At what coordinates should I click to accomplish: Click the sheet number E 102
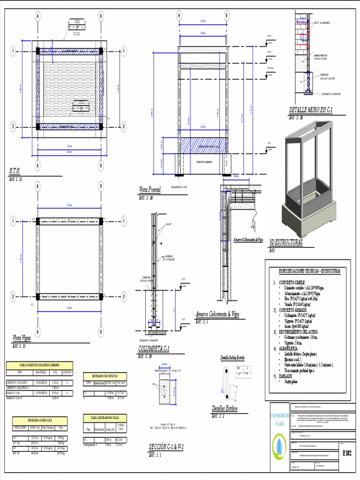click(x=347, y=453)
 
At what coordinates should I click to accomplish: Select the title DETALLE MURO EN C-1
click(x=310, y=110)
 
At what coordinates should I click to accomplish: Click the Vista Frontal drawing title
click(x=150, y=190)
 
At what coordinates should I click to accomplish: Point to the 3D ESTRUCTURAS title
click(x=286, y=242)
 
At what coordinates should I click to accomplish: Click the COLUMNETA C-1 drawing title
click(x=154, y=348)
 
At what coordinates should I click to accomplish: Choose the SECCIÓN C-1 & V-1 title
click(x=165, y=447)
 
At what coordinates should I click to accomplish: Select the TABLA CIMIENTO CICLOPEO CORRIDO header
click(x=39, y=366)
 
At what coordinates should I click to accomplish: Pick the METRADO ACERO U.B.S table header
click(x=39, y=420)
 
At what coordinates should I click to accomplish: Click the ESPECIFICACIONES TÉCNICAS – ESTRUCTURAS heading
click(x=309, y=271)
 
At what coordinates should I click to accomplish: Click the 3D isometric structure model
click(x=308, y=178)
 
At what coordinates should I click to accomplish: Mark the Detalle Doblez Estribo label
click(x=232, y=359)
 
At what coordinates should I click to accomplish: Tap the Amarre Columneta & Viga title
click(x=217, y=314)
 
